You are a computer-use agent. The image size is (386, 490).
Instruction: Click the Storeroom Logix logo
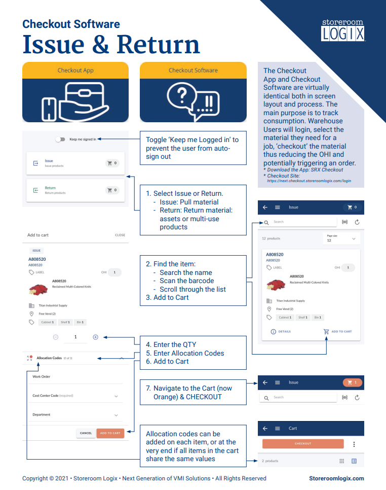[x=343, y=30]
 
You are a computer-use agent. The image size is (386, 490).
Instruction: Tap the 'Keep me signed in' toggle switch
[x=60, y=139]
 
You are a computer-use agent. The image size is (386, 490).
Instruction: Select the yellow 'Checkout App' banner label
[x=75, y=71]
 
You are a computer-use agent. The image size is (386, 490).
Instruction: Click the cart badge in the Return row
[x=112, y=190]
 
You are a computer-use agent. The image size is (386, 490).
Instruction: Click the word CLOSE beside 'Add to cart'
[x=120, y=235]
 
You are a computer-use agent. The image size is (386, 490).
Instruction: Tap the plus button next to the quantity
[x=95, y=337]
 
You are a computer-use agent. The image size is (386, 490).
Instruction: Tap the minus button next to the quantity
[x=56, y=337]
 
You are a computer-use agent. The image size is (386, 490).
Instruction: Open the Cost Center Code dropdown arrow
[x=116, y=396]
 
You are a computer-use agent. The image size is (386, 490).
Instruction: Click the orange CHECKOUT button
[x=303, y=444]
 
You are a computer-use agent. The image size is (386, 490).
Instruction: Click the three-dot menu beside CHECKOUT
[x=354, y=444]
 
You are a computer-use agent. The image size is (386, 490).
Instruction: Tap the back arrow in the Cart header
[x=265, y=428]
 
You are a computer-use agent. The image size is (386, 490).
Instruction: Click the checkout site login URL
[x=309, y=181]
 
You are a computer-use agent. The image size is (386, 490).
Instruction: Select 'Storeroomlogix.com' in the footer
[x=336, y=478]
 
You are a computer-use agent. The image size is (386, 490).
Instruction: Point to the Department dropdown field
[x=75, y=415]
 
